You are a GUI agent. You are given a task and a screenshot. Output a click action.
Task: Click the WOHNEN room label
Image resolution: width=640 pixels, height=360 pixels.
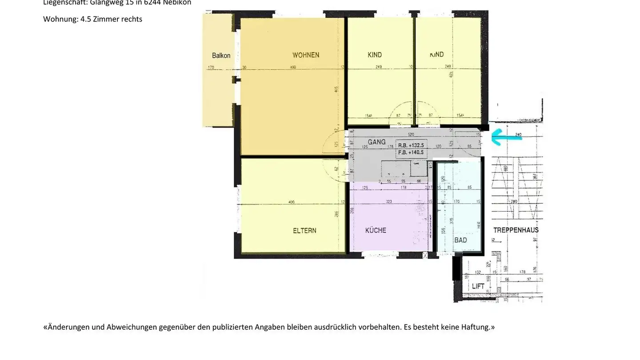[306, 55]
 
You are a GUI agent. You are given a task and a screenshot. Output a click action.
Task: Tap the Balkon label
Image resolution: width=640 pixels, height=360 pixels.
[221, 56]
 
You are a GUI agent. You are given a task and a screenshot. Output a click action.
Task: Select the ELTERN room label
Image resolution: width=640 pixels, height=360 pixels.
[304, 231]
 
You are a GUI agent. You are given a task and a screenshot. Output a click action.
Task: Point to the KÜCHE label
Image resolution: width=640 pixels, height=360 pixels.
[376, 230]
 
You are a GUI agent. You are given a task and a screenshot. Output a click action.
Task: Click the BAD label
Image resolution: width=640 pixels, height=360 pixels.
[460, 240]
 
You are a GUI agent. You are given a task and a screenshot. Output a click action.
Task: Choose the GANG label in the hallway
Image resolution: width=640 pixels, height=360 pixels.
[376, 142]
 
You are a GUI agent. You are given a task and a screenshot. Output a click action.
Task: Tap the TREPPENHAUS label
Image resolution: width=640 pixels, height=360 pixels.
[516, 230]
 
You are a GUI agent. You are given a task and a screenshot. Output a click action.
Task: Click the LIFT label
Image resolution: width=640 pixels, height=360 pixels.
[478, 286]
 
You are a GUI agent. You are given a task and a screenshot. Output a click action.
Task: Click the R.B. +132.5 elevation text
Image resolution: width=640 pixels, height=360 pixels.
[411, 145]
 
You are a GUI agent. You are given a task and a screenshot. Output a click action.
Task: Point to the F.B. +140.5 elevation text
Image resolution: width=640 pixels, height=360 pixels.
[411, 152]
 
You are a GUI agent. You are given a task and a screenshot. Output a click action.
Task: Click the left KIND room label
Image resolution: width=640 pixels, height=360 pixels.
[375, 55]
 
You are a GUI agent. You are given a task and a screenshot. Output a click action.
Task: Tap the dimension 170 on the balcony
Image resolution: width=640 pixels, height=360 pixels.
[211, 68]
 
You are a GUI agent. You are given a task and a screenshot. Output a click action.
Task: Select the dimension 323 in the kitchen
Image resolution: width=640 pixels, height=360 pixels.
[388, 202]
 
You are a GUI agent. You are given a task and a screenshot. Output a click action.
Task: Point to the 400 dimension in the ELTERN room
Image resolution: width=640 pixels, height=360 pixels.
[291, 202]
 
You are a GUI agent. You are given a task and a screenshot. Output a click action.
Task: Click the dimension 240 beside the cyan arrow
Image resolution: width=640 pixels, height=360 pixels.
[518, 134]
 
